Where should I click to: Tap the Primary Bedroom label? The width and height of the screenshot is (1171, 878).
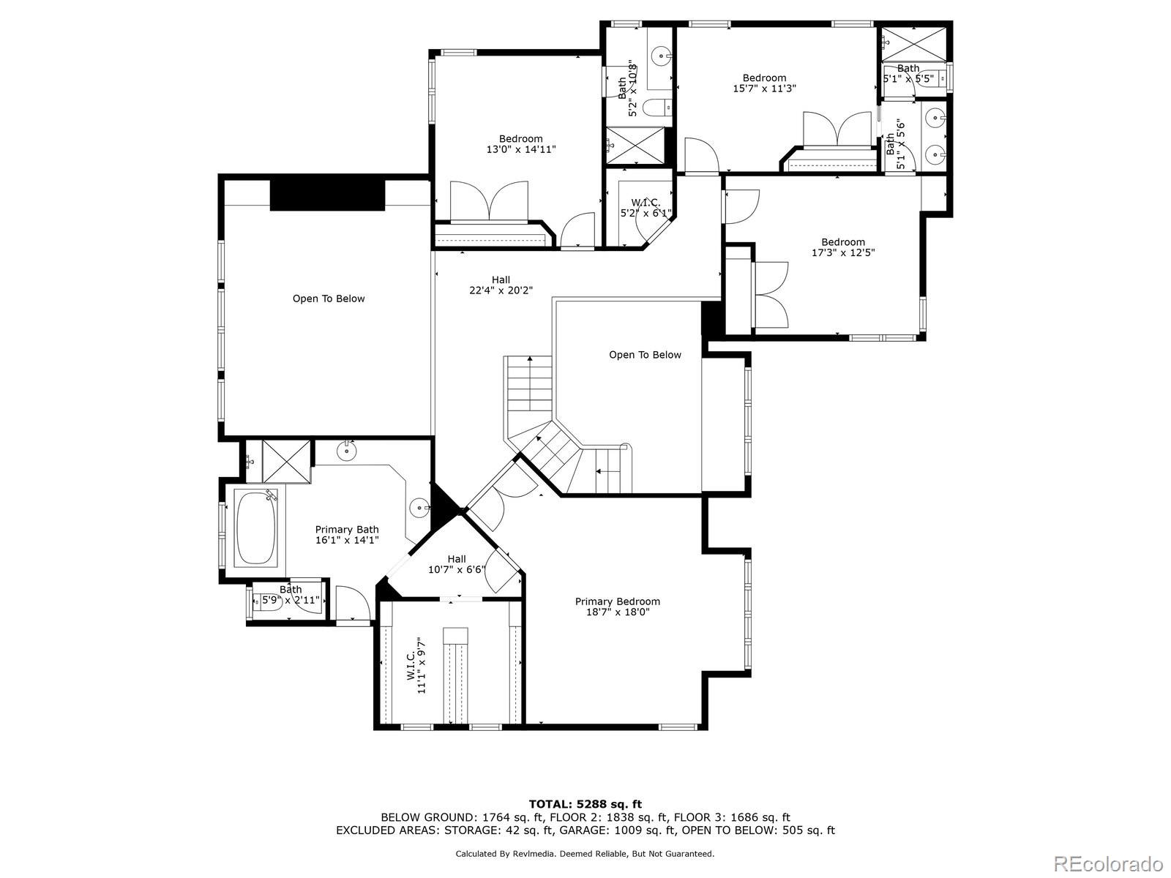[x=617, y=601]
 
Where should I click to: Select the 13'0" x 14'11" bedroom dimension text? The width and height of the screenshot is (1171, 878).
[x=520, y=150]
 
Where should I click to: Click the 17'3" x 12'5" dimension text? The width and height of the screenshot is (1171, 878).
[x=843, y=252]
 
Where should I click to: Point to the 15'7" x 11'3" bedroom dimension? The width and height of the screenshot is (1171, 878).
[x=764, y=89]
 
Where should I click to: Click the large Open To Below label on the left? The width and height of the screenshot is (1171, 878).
[x=329, y=299]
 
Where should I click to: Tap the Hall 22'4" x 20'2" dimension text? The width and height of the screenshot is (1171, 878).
[x=501, y=290]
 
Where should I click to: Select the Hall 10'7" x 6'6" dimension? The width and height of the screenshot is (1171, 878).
[x=457, y=569]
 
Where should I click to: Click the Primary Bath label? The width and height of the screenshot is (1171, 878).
[x=347, y=529]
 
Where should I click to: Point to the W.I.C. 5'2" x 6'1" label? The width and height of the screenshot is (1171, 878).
[x=646, y=208]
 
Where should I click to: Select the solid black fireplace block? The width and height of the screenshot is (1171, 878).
[x=328, y=195]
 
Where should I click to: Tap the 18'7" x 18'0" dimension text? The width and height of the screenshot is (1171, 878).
[x=618, y=612]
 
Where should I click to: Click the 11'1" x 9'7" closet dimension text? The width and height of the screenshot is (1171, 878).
[x=422, y=665]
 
